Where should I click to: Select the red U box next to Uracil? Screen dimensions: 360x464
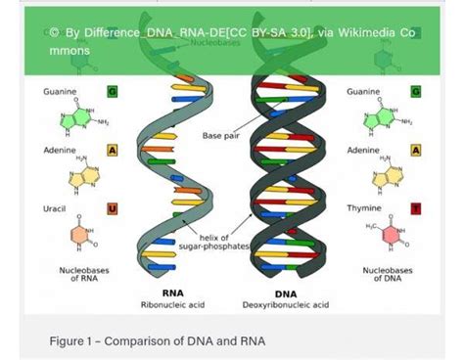pyautogui.click(x=112, y=208)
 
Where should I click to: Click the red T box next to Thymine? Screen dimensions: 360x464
pyautogui.click(x=416, y=208)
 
